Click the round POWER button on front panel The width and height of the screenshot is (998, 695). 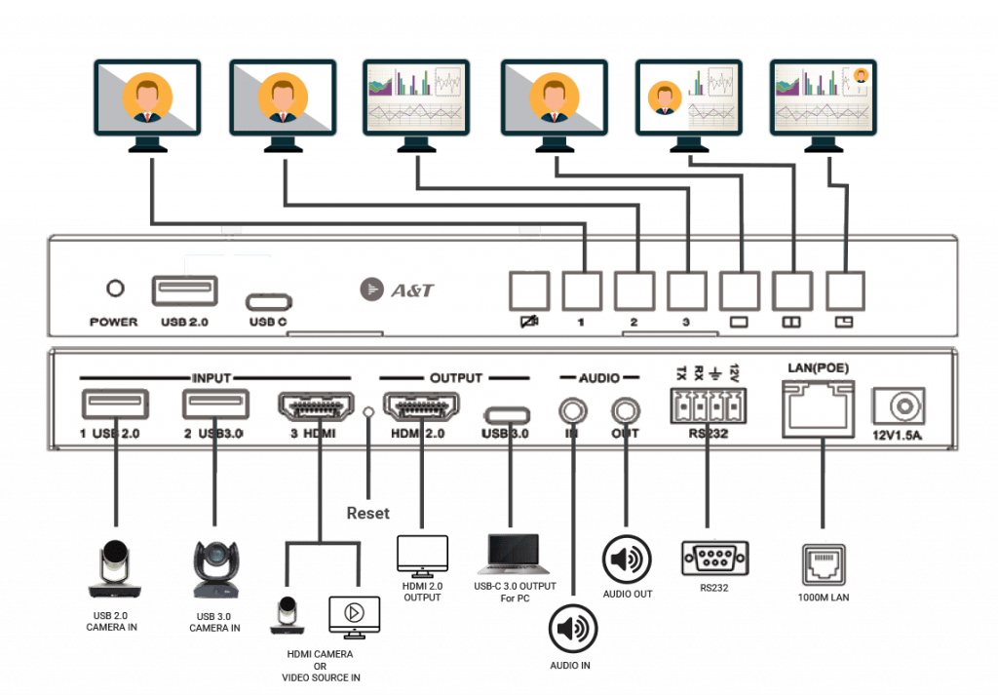coord(116,289)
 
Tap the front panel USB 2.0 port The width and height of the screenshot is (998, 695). coord(185,290)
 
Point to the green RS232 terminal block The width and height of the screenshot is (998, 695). coord(702,405)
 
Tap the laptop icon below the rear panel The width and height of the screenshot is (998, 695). coord(510,554)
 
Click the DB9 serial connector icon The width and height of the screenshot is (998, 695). coord(714,559)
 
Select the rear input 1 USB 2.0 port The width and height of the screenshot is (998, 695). coord(116,405)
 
